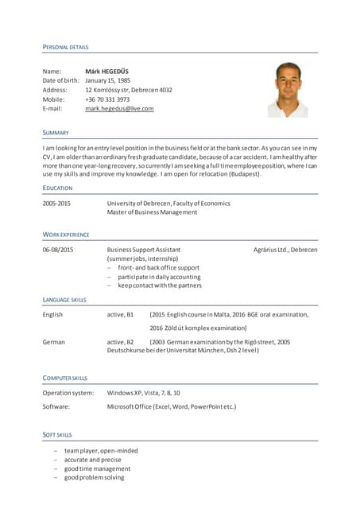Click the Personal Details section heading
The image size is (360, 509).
pyautogui.click(x=65, y=48)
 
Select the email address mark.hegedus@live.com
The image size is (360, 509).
pyautogui.click(x=119, y=108)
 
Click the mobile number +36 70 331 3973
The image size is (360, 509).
pyautogui.click(x=107, y=99)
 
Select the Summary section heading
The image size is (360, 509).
pyautogui.click(x=56, y=132)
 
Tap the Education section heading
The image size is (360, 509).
pyautogui.click(x=57, y=188)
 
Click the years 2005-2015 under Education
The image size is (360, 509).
pyautogui.click(x=56, y=203)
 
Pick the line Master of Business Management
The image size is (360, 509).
pyautogui.click(x=152, y=212)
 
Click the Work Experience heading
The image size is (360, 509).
pyautogui.click(x=66, y=235)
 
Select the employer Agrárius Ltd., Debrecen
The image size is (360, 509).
pyautogui.click(x=285, y=250)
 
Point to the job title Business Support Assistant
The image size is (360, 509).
pyautogui.click(x=144, y=250)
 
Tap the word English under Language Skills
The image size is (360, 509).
pyautogui.click(x=52, y=314)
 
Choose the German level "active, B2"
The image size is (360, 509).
pyautogui.click(x=120, y=342)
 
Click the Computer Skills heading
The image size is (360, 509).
pyautogui.click(x=65, y=378)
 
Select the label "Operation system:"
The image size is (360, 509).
pyautogui.click(x=68, y=393)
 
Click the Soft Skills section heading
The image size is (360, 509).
pyautogui.click(x=57, y=435)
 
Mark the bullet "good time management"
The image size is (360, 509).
pyautogui.click(x=97, y=468)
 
